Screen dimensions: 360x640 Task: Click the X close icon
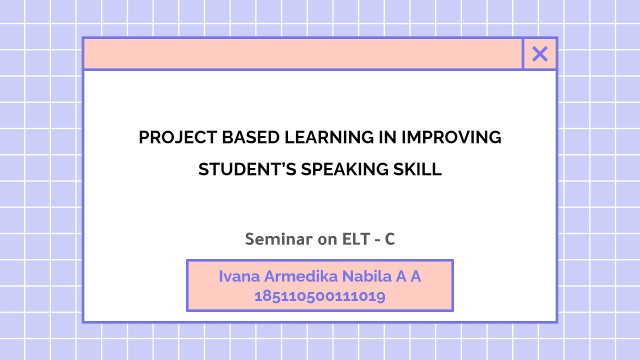pyautogui.click(x=540, y=54)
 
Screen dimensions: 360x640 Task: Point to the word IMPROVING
pyautogui.click(x=451, y=137)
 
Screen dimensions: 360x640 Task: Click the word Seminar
pyautogui.click(x=278, y=239)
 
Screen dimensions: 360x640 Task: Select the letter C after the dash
pyautogui.click(x=390, y=239)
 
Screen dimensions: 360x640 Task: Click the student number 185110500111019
pyautogui.click(x=320, y=296)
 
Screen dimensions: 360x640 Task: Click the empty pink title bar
pyautogui.click(x=303, y=54)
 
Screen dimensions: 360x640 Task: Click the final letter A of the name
pyautogui.click(x=416, y=276)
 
